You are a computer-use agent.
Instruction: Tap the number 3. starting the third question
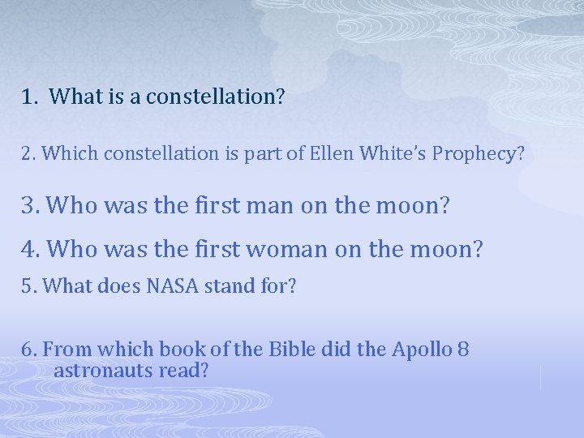coord(31,206)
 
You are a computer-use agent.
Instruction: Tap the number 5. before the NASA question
coord(30,286)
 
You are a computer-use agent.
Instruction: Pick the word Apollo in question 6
coord(424,350)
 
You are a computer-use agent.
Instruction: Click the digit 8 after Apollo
coord(463,350)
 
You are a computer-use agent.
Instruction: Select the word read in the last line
coord(190,371)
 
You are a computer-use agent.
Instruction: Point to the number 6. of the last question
coord(30,350)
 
